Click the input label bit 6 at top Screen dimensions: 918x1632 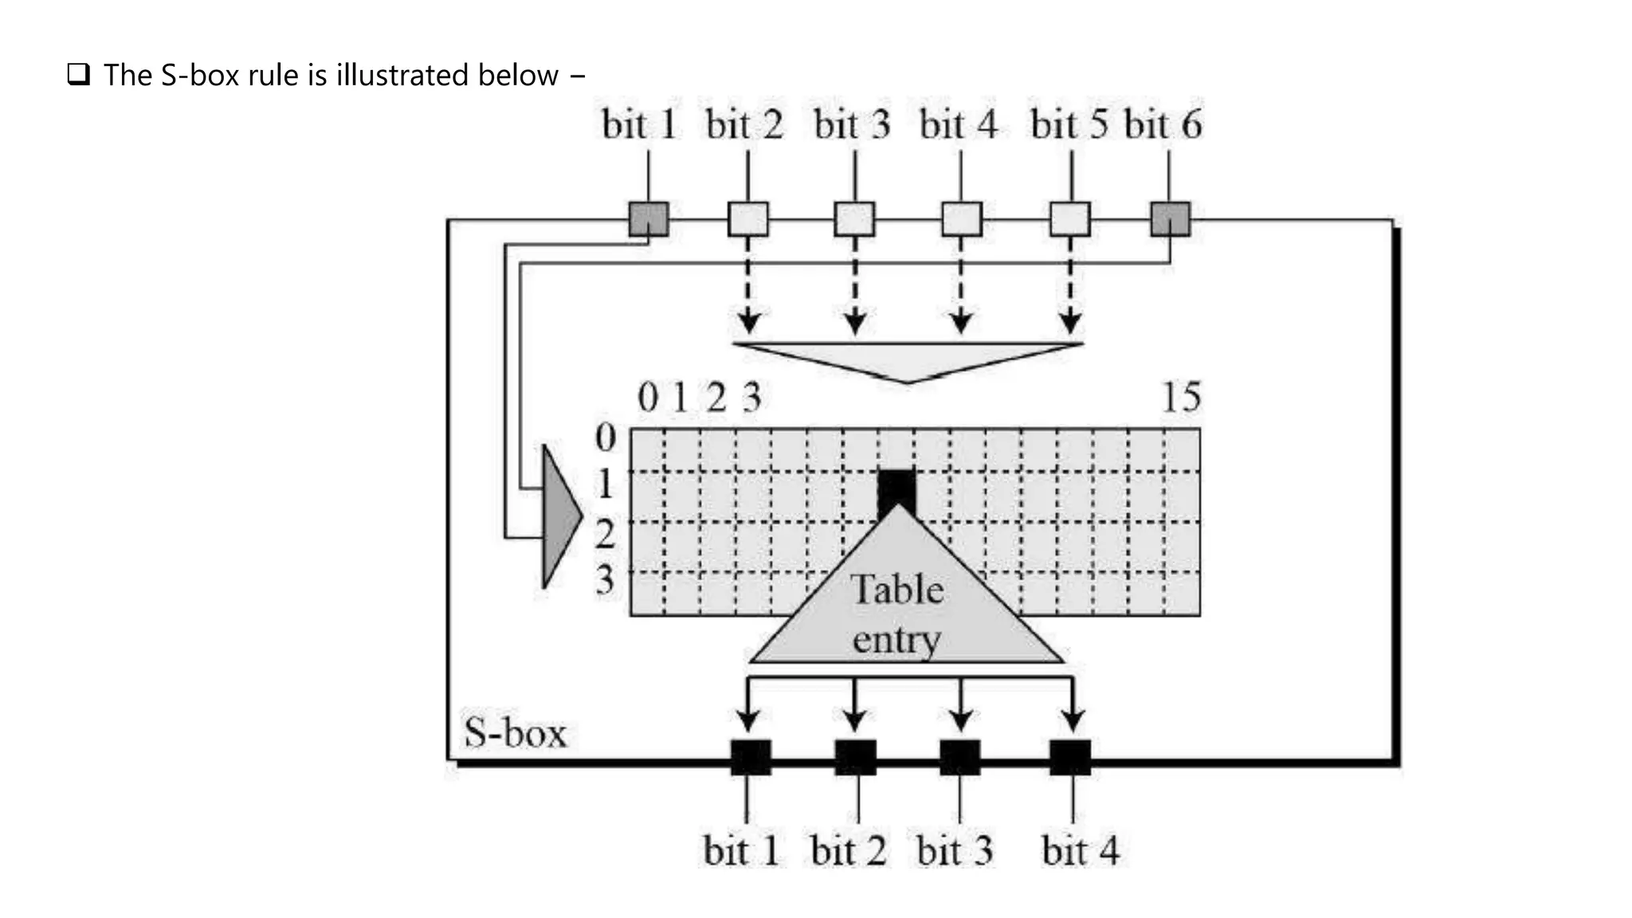(1162, 125)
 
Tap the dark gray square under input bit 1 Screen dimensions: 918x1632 (649, 219)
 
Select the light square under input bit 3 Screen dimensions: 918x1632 (854, 219)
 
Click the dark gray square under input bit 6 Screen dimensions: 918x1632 (1170, 219)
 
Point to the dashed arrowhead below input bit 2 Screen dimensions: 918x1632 (747, 323)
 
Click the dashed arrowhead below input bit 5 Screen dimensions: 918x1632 (1070, 323)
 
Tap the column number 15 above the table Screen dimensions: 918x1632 (1181, 397)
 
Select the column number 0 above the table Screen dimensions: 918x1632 (648, 397)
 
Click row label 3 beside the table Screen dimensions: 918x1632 (605, 579)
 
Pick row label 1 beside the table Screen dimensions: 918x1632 (605, 484)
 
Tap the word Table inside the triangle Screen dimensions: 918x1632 (897, 590)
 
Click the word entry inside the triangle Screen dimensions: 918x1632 (896, 640)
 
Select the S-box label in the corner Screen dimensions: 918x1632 (515, 733)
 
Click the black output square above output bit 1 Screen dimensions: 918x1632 (751, 757)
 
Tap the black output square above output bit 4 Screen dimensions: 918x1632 (1070, 757)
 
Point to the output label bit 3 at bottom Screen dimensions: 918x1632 (955, 850)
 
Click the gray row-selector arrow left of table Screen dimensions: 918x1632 (560, 516)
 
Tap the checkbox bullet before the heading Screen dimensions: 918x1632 (78, 75)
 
